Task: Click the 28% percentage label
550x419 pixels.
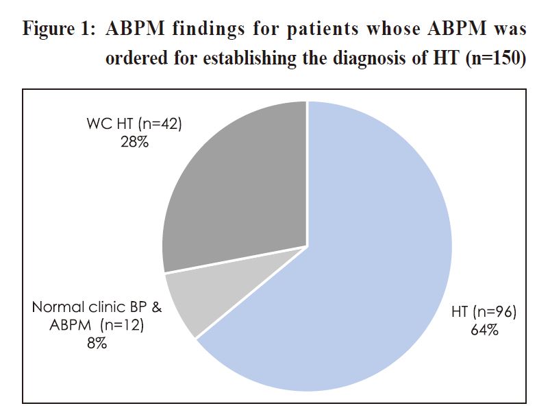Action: click(135, 142)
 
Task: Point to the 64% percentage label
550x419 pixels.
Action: click(484, 330)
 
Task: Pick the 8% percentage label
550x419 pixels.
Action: click(97, 343)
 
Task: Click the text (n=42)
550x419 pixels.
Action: click(160, 124)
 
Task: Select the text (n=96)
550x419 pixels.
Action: click(495, 312)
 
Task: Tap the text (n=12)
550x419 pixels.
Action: click(122, 325)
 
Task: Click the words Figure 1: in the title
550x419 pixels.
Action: click(59, 29)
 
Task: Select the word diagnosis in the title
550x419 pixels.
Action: click(370, 58)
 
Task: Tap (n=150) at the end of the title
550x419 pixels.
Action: click(496, 58)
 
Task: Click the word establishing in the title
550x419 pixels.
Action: click(250, 58)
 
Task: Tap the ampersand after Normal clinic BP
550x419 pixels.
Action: click(156, 307)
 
